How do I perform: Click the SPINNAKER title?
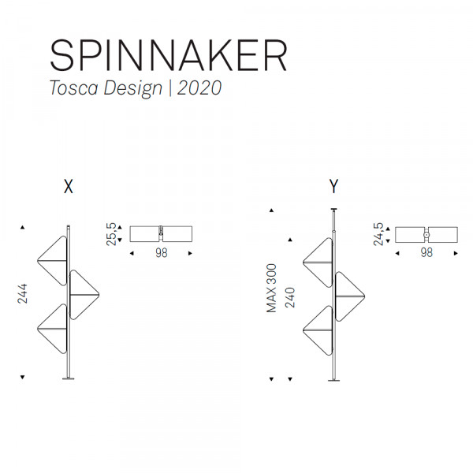point(169,55)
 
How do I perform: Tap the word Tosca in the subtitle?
point(74,88)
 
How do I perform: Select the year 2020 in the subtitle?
point(199,88)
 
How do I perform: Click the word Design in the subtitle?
point(132,88)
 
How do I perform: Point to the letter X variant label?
point(69,186)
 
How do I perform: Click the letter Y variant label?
point(333,186)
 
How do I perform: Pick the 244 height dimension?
point(22,293)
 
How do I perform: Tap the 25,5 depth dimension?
point(111,234)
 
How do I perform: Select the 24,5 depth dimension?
point(378,234)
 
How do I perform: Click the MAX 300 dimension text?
point(271,288)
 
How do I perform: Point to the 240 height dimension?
point(290,297)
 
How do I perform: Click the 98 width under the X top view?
point(162,253)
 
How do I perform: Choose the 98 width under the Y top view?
point(426,252)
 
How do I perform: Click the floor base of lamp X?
point(69,378)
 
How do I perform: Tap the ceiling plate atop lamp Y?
point(334,209)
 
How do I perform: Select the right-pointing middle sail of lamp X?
point(84,294)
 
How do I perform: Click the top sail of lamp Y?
point(318,263)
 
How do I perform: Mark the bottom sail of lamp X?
point(52,329)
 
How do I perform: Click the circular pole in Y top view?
point(426,234)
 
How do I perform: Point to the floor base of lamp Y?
point(333,381)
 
